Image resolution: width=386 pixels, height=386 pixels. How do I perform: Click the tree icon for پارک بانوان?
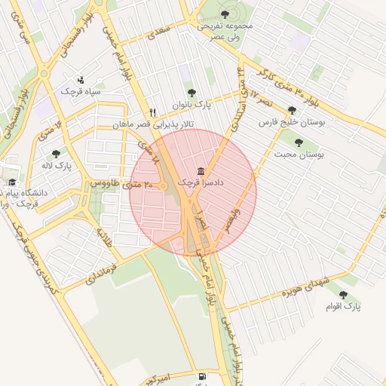191,93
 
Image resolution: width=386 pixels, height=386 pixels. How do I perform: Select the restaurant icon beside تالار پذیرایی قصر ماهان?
152,112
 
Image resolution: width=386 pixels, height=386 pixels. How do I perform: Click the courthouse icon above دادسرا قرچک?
200,171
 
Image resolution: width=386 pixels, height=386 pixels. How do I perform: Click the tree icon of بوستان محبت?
299,142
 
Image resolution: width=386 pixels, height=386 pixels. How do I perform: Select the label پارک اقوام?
344,306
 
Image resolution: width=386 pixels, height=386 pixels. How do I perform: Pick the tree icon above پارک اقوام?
344,295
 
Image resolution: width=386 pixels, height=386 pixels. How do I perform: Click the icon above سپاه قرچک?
81,79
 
